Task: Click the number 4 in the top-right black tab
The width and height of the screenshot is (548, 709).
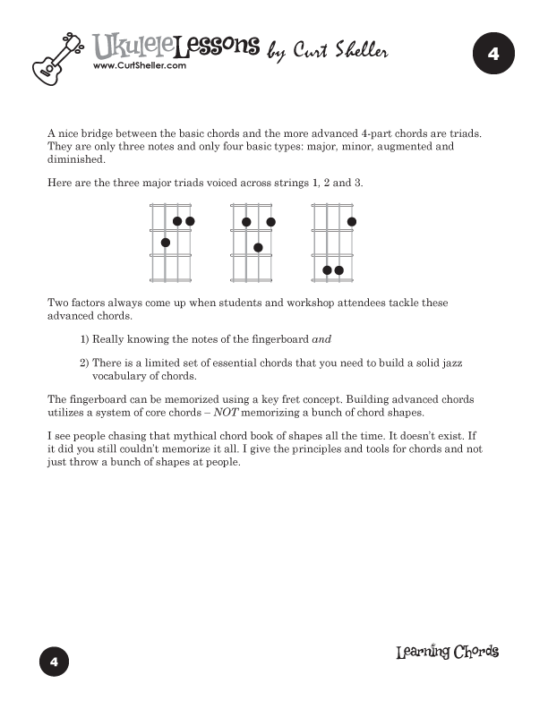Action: pos(493,55)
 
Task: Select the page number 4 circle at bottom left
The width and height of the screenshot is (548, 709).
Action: pos(54,662)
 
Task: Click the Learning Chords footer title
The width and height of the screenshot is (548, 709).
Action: pos(447,652)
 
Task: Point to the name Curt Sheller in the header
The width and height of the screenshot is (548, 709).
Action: pos(340,53)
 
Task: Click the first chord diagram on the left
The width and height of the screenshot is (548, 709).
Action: pos(171,243)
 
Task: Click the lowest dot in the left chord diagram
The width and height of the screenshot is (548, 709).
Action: pos(166,243)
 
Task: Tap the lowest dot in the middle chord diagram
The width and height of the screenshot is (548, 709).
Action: pos(258,247)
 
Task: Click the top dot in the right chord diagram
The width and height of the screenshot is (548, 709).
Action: pos(352,221)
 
